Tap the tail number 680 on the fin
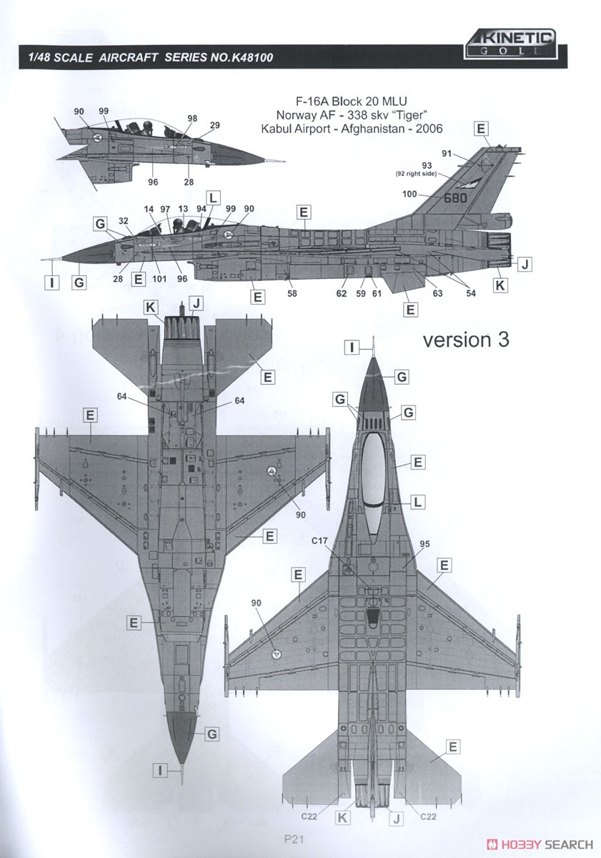click(455, 197)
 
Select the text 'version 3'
click(466, 340)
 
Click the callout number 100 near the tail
click(409, 194)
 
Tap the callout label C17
click(319, 541)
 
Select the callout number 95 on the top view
click(424, 543)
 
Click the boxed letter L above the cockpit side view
click(213, 198)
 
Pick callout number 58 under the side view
click(292, 293)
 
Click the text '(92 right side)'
click(415, 174)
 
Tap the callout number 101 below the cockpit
click(159, 278)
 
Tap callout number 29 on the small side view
click(215, 125)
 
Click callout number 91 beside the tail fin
click(447, 154)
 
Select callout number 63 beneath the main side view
click(437, 293)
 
